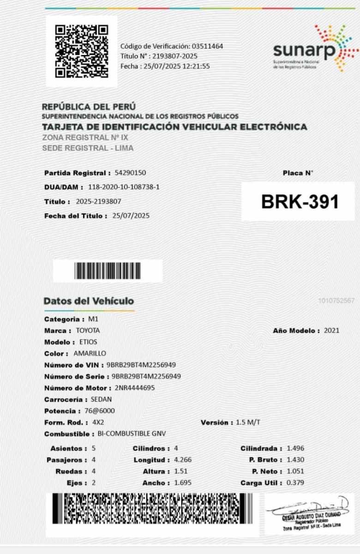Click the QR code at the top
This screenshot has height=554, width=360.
[82, 51]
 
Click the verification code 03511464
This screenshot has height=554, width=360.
[208, 46]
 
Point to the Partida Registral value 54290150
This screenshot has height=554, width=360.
[130, 173]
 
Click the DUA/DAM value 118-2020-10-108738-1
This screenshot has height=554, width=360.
[124, 187]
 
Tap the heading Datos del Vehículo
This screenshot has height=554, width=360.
[89, 301]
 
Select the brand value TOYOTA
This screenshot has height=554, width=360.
[88, 331]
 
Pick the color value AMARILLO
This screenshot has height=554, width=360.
[90, 354]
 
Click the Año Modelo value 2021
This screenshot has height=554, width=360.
[332, 331]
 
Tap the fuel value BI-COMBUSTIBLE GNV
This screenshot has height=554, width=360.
[132, 434]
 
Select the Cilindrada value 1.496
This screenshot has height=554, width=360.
[295, 448]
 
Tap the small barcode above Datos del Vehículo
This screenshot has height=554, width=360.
[108, 271]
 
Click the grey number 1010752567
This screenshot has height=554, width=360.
[336, 301]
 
